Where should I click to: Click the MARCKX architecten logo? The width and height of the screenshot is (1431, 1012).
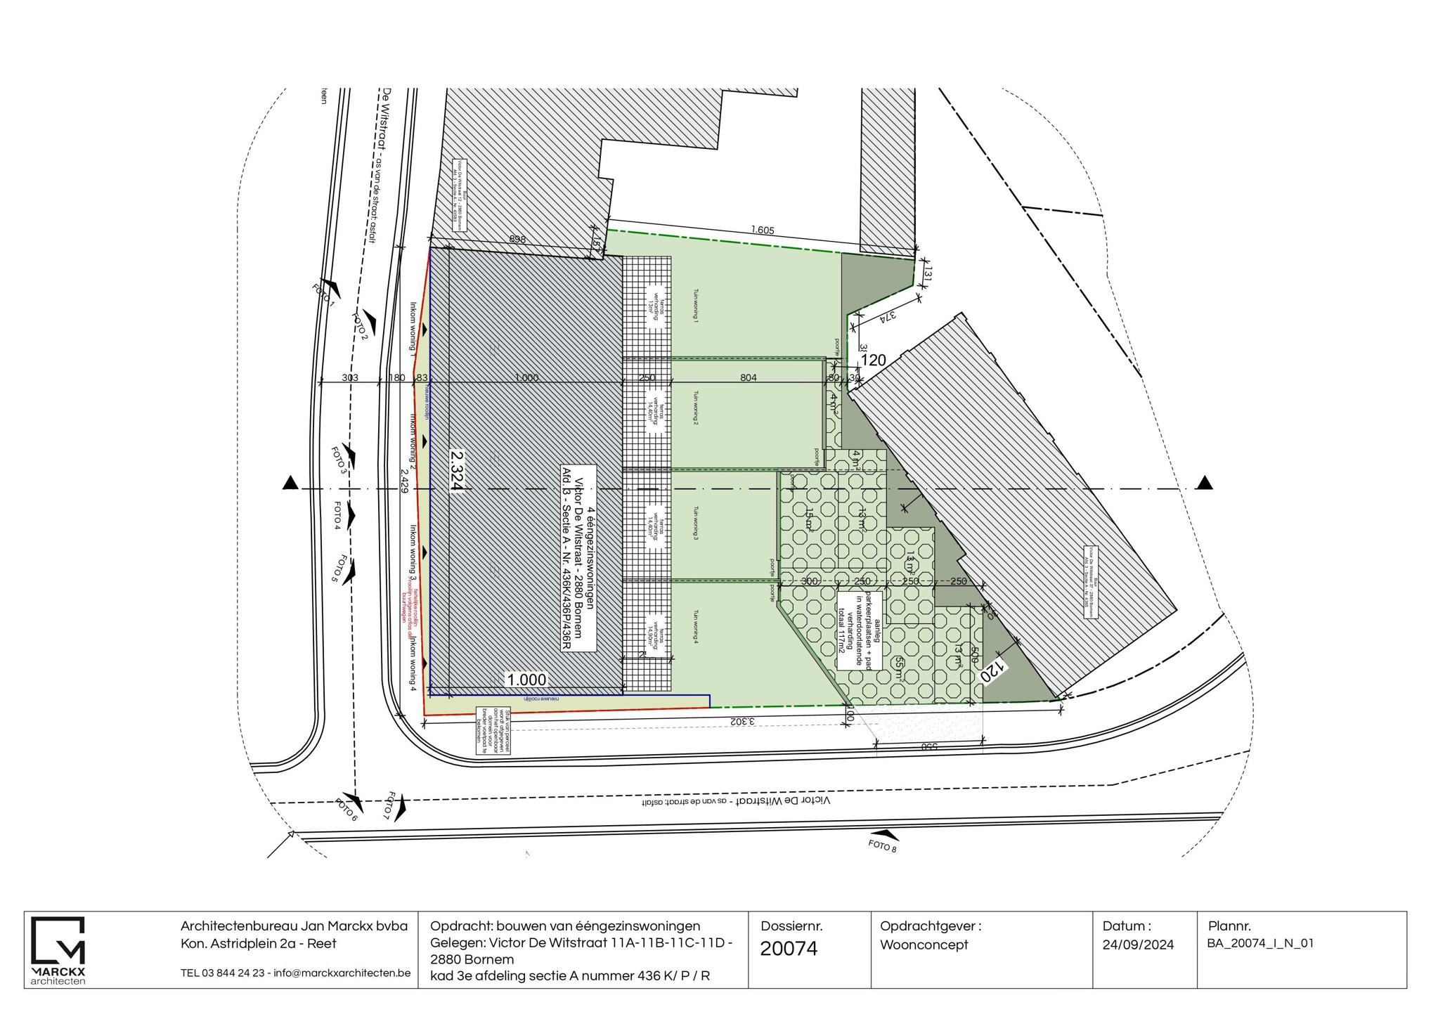pos(58,949)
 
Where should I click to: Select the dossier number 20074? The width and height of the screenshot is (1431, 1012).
pos(789,949)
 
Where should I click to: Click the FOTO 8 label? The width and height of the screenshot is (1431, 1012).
pos(883,845)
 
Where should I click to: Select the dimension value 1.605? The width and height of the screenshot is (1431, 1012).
pos(763,231)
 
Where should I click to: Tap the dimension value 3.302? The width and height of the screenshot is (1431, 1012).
pos(743,721)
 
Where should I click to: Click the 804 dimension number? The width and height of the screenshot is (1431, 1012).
pos(749,378)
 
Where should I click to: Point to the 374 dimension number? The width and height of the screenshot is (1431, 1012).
pos(888,317)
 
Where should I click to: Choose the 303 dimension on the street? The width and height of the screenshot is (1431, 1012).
pos(350,378)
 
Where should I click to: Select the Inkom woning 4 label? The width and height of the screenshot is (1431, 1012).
pos(414,664)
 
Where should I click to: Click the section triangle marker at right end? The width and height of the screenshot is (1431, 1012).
pos(1205,483)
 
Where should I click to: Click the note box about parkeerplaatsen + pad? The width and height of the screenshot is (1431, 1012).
pos(859,629)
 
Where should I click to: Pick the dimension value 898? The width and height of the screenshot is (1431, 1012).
pos(517,240)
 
